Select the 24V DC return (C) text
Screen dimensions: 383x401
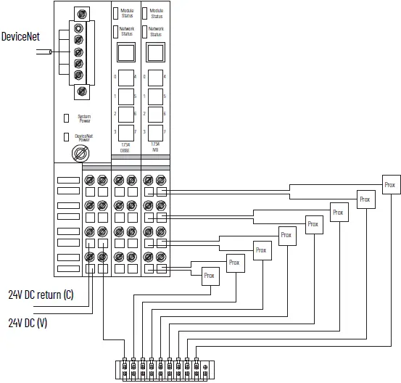pyautogui.click(x=41, y=295)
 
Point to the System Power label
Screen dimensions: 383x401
pyautogui.click(x=84, y=118)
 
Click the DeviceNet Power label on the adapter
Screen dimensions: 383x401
pyautogui.click(x=85, y=136)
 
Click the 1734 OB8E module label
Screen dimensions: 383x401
pyautogui.click(x=125, y=148)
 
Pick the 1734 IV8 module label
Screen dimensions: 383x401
pyautogui.click(x=154, y=148)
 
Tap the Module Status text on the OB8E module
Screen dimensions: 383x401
pyautogui.click(x=127, y=12)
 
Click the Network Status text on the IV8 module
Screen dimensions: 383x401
pyautogui.click(x=156, y=31)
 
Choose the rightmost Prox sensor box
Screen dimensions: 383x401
pyautogui.click(x=390, y=185)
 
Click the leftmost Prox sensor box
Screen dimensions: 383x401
pyautogui.click(x=209, y=276)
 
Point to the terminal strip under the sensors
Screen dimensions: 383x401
pyautogui.click(x=163, y=368)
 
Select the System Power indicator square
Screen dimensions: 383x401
pyautogui.click(x=66, y=118)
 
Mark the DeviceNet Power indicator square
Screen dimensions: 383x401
pyautogui.click(x=66, y=136)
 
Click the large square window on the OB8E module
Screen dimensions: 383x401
pyautogui.click(x=125, y=52)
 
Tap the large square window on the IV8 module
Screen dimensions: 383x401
pyautogui.click(x=154, y=52)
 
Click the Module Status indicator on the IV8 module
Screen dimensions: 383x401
pyautogui.click(x=144, y=12)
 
